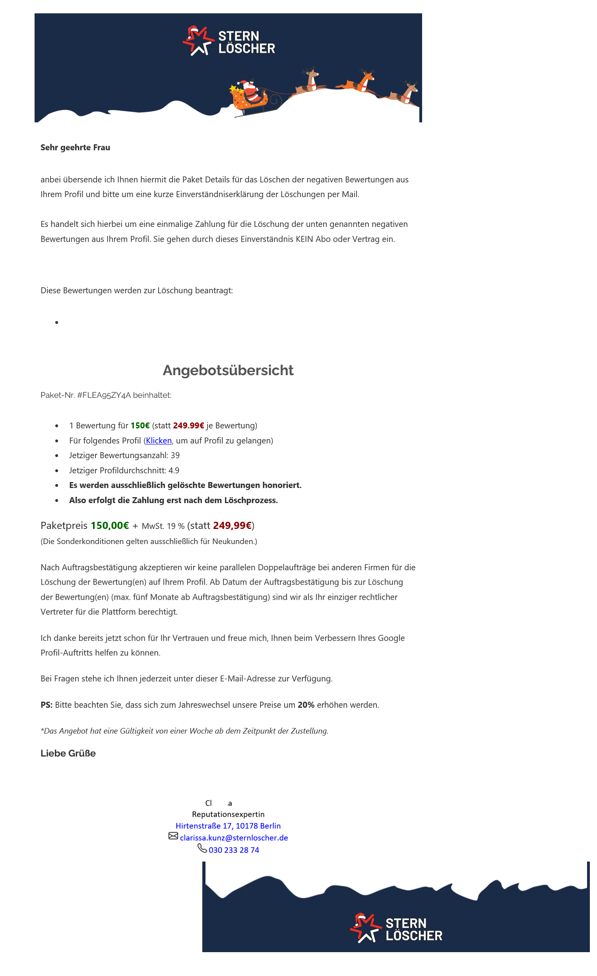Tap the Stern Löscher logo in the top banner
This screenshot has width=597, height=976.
click(229, 41)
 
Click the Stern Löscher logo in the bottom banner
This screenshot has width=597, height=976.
click(396, 928)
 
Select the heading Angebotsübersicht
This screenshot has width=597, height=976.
click(228, 370)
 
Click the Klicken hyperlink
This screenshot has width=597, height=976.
click(159, 441)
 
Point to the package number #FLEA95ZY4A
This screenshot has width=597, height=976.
click(104, 395)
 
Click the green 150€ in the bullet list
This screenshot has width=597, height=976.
click(140, 426)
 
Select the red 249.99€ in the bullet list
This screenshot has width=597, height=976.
click(188, 426)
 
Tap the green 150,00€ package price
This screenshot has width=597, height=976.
click(110, 526)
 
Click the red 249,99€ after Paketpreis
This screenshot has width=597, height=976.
click(232, 526)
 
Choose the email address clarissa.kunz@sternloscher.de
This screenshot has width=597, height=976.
click(234, 838)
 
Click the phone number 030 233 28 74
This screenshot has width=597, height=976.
click(234, 850)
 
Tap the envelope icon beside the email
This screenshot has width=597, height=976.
click(173, 836)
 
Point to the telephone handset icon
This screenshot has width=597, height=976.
click(202, 848)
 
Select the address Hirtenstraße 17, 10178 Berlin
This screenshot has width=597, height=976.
click(228, 826)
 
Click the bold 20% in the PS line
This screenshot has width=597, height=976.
click(306, 705)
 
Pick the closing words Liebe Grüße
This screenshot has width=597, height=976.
click(68, 753)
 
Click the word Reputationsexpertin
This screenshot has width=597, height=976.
click(228, 814)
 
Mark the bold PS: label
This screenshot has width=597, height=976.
click(47, 705)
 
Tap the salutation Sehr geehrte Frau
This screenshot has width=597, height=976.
click(75, 147)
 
